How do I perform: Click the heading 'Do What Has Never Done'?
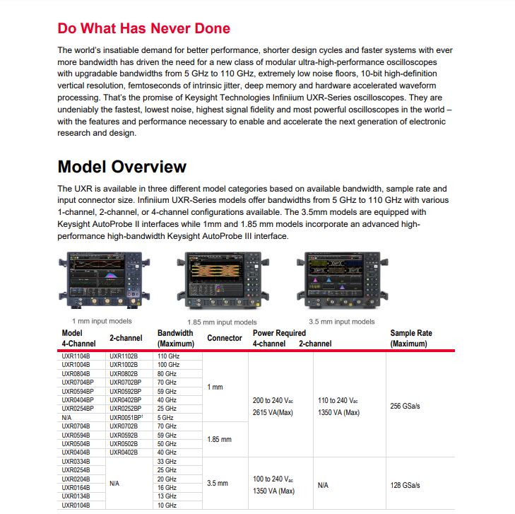point(143,29)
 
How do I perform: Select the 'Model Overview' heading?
point(122,167)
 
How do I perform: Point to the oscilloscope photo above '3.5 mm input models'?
point(341,281)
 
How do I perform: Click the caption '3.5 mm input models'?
point(341,322)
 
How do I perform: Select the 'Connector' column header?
point(224,338)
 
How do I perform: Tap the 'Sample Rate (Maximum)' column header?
point(410,338)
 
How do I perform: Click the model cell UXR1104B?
point(76,356)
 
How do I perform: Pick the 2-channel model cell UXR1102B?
point(124,356)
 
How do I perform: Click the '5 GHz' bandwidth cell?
point(165,417)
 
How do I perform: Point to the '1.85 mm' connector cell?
point(219,439)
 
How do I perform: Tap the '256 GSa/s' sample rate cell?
point(405,406)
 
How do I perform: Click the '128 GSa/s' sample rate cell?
point(405,485)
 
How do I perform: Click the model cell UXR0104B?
point(76,506)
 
